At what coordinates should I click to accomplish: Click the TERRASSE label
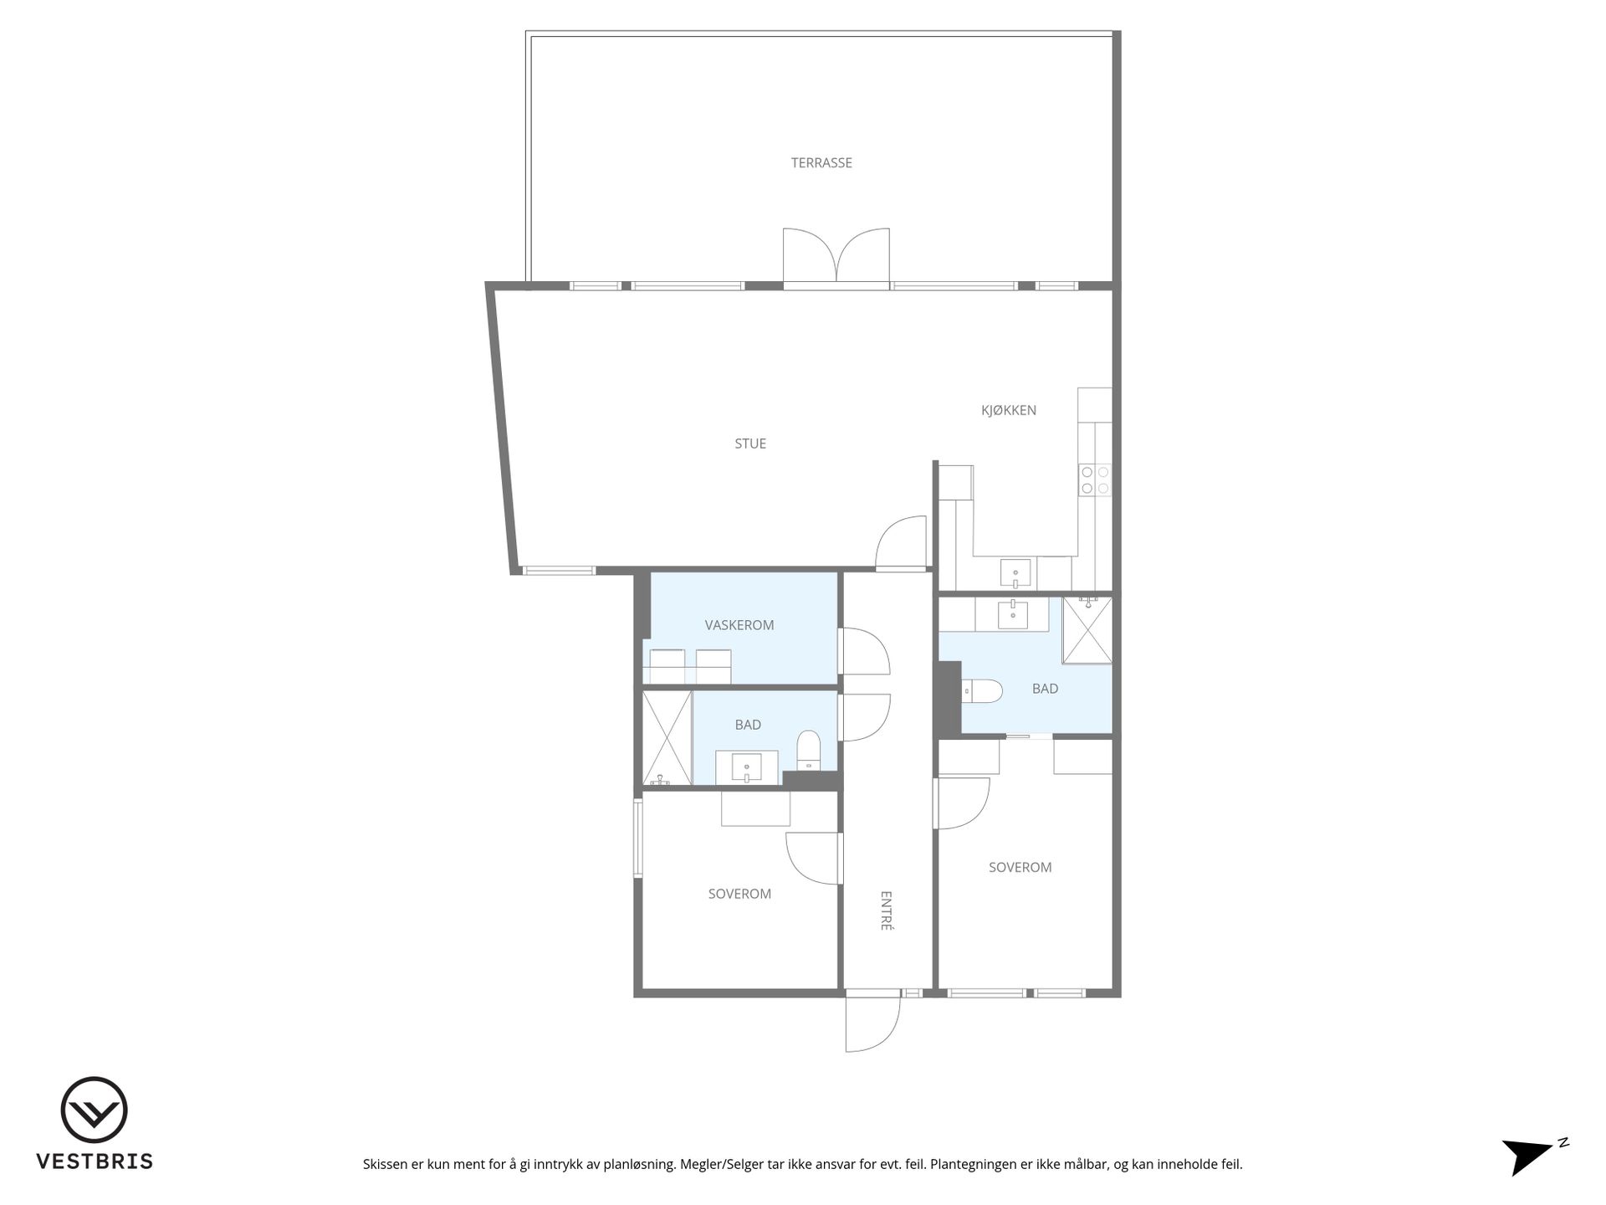pos(821,163)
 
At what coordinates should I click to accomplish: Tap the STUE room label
pos(750,444)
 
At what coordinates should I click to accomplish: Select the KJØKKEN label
pos(1009,410)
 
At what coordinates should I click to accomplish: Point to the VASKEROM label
pos(739,625)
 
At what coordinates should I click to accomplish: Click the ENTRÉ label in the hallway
pos(887,910)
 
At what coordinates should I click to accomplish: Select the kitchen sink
pos(1016,574)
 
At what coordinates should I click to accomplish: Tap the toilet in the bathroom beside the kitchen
pos(982,691)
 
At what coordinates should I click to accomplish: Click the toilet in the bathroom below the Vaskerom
pos(809,751)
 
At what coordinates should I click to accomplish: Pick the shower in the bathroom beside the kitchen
pos(1087,629)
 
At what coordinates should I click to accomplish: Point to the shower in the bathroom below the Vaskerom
pos(667,738)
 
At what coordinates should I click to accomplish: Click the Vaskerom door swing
pos(864,651)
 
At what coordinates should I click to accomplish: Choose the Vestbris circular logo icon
pos(94,1110)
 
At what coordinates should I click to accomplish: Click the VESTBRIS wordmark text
pos(95,1161)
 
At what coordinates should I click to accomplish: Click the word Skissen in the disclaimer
pos(386,1164)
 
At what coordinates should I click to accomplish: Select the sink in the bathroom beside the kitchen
pos(1013,613)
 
